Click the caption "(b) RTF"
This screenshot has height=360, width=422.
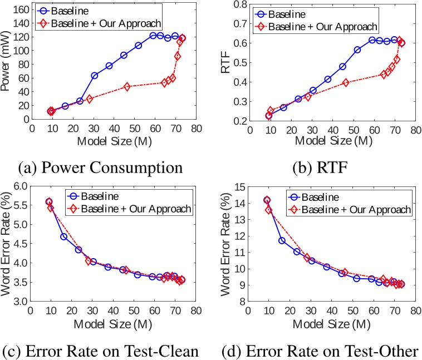click(x=317, y=167)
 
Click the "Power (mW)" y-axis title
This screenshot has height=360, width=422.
click(x=7, y=64)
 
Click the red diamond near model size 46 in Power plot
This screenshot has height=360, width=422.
click(x=127, y=87)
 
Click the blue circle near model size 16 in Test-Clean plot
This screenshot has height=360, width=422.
click(x=64, y=236)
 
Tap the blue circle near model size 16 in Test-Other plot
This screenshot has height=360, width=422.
click(x=282, y=240)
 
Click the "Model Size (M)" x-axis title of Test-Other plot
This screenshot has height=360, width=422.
click(x=333, y=323)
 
